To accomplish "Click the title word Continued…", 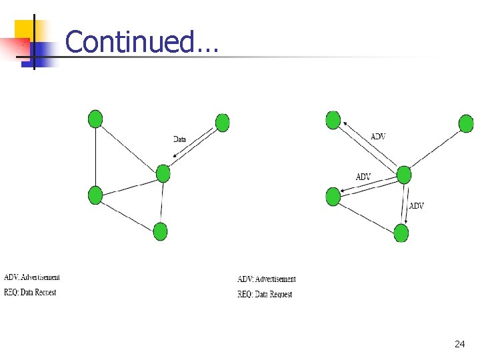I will (141, 42).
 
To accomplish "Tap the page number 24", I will (459, 344).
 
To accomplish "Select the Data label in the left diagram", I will (179, 139).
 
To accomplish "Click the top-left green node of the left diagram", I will (95, 119).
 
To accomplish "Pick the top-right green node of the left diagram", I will (223, 123).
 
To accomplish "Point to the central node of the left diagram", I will (163, 173).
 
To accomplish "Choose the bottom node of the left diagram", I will (160, 231).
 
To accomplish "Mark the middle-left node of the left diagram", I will (95, 195).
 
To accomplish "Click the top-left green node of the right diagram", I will (333, 120).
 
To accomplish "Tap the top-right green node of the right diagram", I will (467, 123).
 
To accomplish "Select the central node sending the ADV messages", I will (404, 175).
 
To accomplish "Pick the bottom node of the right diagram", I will (401, 233).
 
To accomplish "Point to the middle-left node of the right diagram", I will (333, 197).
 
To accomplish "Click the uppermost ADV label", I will (377, 137).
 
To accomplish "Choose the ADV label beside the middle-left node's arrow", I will (363, 177).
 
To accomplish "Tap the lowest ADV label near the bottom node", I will (416, 206).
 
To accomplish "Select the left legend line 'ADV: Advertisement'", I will (32, 277).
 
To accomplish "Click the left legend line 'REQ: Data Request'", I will (30, 292).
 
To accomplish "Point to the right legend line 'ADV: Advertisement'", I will (267, 279).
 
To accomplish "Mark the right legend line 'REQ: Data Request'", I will (265, 294).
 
